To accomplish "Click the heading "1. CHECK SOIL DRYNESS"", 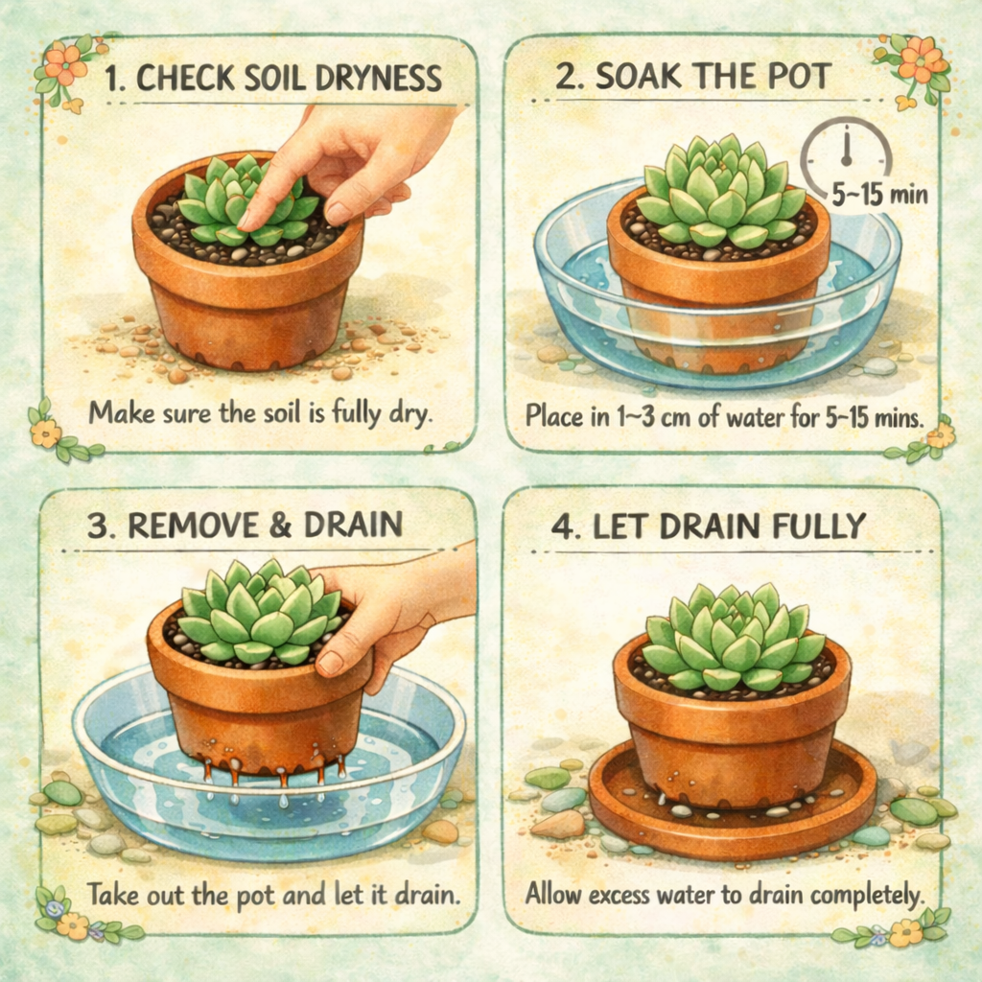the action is [x=273, y=79].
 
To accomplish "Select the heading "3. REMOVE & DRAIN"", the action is [x=245, y=525].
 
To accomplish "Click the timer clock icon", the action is [x=846, y=154].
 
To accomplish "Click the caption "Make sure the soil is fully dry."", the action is [x=261, y=414].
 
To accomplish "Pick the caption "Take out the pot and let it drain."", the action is [x=273, y=895].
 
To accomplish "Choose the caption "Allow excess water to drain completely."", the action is [x=725, y=895].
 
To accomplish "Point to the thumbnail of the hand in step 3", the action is [x=330, y=664].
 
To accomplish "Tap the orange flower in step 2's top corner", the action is [x=921, y=58].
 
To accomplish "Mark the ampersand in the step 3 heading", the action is [x=281, y=525].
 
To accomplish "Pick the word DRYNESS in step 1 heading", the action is [x=378, y=79].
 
